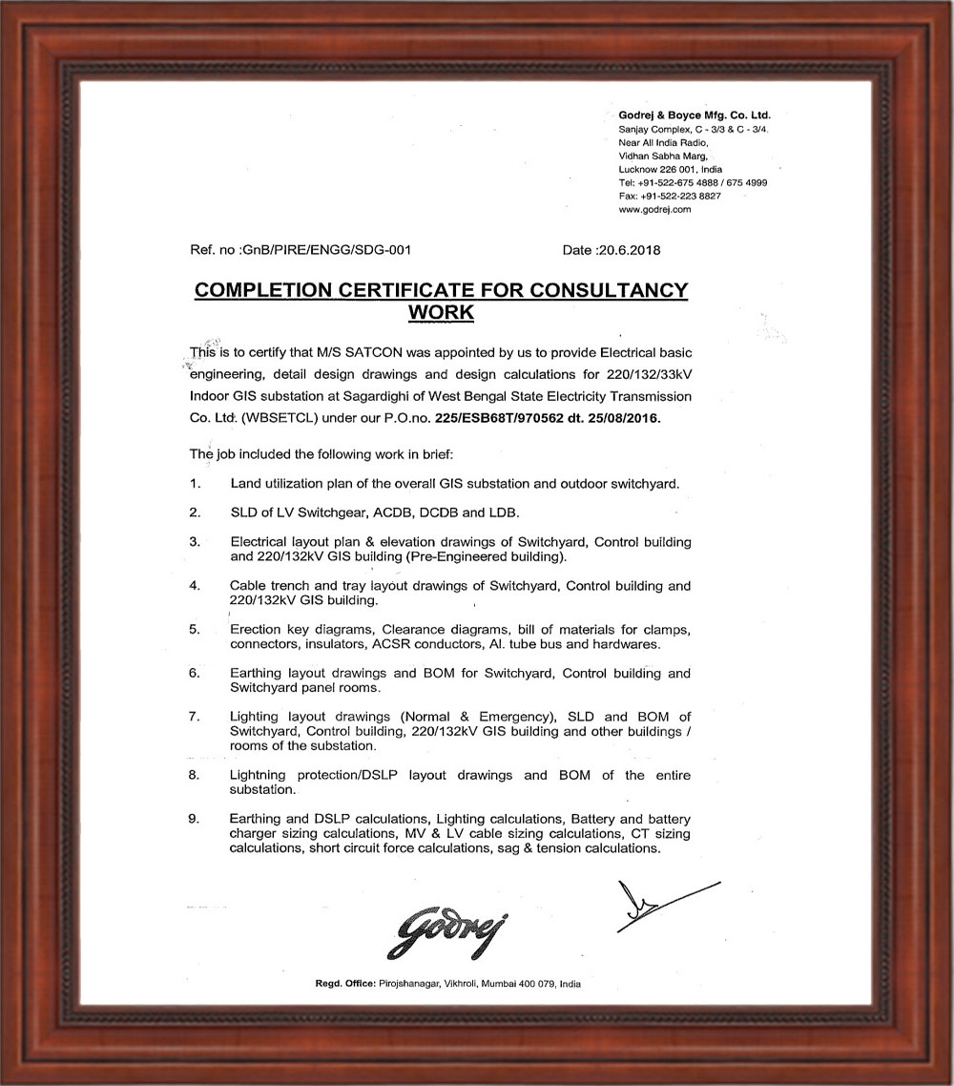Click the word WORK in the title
click(441, 311)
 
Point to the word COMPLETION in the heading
click(263, 290)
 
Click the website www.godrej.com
click(654, 209)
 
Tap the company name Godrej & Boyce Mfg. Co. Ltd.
click(695, 115)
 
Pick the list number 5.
click(194, 630)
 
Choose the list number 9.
click(194, 819)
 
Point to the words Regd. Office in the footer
click(345, 984)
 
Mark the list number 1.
click(194, 483)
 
